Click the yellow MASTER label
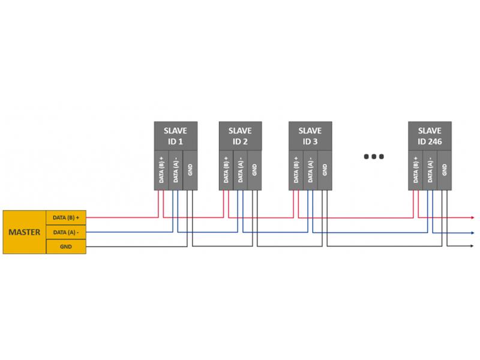25,232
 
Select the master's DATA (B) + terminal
66,218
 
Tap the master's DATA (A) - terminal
66,232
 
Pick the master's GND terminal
66,247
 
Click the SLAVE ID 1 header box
176,136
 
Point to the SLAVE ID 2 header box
241,136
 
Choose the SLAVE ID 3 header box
310,136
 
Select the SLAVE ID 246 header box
430,136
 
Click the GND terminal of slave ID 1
190,170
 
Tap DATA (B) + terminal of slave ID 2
226,170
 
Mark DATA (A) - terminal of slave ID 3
310,170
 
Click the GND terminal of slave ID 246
445,170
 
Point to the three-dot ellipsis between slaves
374,157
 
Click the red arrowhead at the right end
473,218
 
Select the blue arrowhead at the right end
473,233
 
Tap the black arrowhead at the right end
472,246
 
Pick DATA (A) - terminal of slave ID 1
176,170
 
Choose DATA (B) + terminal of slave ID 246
415,170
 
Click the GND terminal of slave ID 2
254,170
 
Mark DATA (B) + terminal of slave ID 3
296,170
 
